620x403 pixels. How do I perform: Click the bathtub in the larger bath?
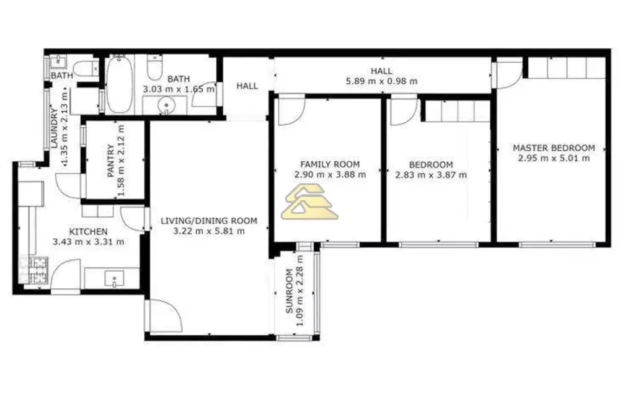click(119, 85)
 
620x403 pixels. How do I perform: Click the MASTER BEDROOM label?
click(554, 148)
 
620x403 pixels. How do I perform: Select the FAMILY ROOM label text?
click(330, 164)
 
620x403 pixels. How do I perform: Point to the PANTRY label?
click(110, 161)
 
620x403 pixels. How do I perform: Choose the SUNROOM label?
click(290, 292)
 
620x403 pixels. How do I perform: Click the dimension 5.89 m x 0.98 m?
click(381, 81)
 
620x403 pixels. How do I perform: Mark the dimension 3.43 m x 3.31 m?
click(88, 242)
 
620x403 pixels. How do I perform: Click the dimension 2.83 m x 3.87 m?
click(431, 175)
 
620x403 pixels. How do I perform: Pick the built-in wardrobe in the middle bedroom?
click(456, 112)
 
